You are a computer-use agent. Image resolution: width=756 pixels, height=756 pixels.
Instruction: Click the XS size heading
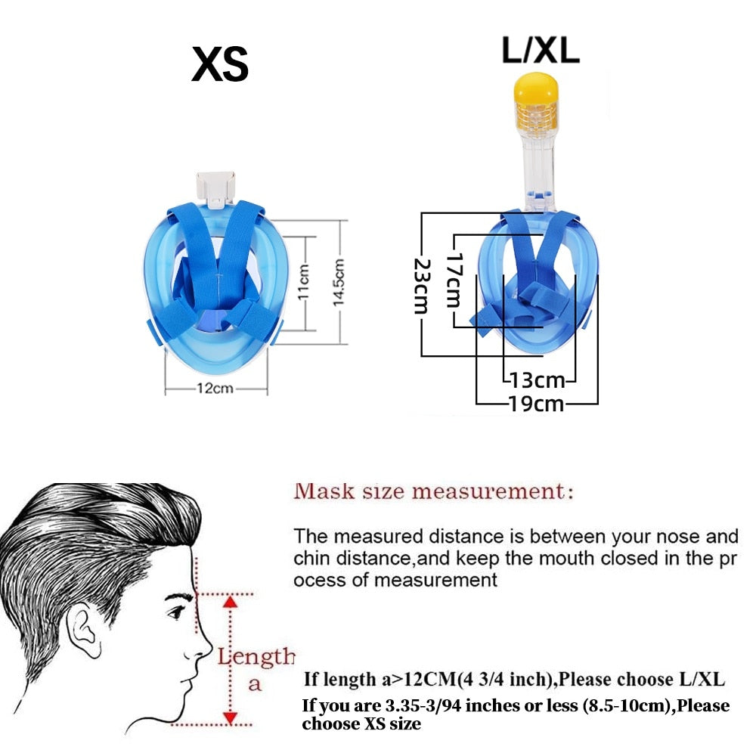coord(219,65)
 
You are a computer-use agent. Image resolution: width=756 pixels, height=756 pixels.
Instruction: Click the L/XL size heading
coord(540,50)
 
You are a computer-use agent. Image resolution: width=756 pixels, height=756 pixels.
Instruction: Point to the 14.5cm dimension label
coord(339,282)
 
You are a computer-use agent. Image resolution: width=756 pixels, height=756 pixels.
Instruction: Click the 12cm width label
coord(215,389)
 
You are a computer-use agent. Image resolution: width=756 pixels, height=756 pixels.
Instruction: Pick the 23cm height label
coord(421,287)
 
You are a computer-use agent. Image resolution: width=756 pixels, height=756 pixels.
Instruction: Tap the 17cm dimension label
coord(453,280)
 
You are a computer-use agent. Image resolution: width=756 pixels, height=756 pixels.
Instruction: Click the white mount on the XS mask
coord(213,186)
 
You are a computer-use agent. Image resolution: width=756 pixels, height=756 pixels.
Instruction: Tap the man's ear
coord(83,635)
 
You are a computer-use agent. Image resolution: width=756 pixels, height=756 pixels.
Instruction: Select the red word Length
coord(256,655)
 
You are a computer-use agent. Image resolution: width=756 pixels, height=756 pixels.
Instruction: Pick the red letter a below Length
coord(255,684)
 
